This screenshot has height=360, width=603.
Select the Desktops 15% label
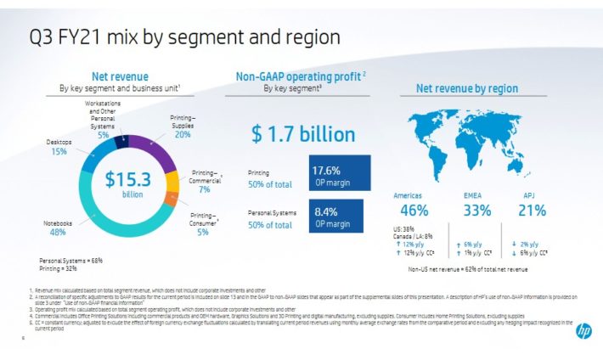click(59, 147)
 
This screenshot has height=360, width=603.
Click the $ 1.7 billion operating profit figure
click(291, 134)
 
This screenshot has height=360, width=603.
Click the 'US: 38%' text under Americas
click(404, 228)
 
